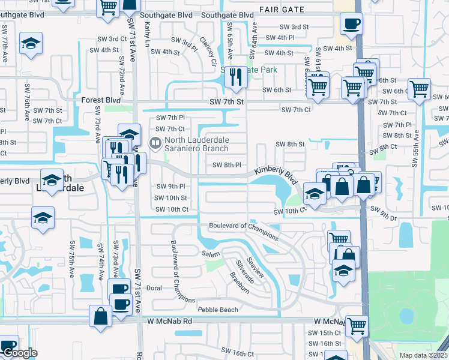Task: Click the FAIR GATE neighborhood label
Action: click(282, 9)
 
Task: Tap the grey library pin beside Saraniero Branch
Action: click(155, 143)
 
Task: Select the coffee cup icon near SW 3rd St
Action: click(351, 25)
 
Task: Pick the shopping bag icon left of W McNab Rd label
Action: click(101, 316)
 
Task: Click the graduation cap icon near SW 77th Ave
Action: click(30, 44)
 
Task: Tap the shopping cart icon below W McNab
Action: click(357, 326)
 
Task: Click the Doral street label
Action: click(154, 288)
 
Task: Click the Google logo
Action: click(20, 353)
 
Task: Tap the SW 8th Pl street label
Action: click(228, 165)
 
